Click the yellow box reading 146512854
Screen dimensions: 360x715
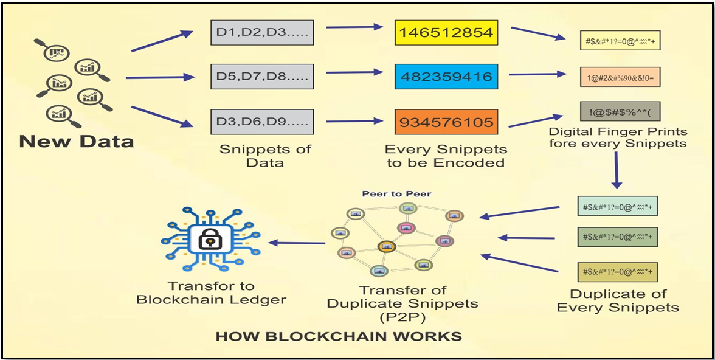446,32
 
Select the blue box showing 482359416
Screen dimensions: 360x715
446,77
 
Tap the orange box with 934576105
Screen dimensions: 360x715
446,122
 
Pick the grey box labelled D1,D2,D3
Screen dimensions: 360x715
262,33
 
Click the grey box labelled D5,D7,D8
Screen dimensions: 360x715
262,77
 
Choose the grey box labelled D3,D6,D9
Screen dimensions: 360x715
262,122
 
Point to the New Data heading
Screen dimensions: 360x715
77,142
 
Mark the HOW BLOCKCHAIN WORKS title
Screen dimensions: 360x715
339,336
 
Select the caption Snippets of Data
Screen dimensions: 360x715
265,156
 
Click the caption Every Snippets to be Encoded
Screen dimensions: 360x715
444,156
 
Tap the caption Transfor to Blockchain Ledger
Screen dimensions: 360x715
212,292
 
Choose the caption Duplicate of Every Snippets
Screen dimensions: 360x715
618,300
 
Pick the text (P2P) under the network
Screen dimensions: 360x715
402,316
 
